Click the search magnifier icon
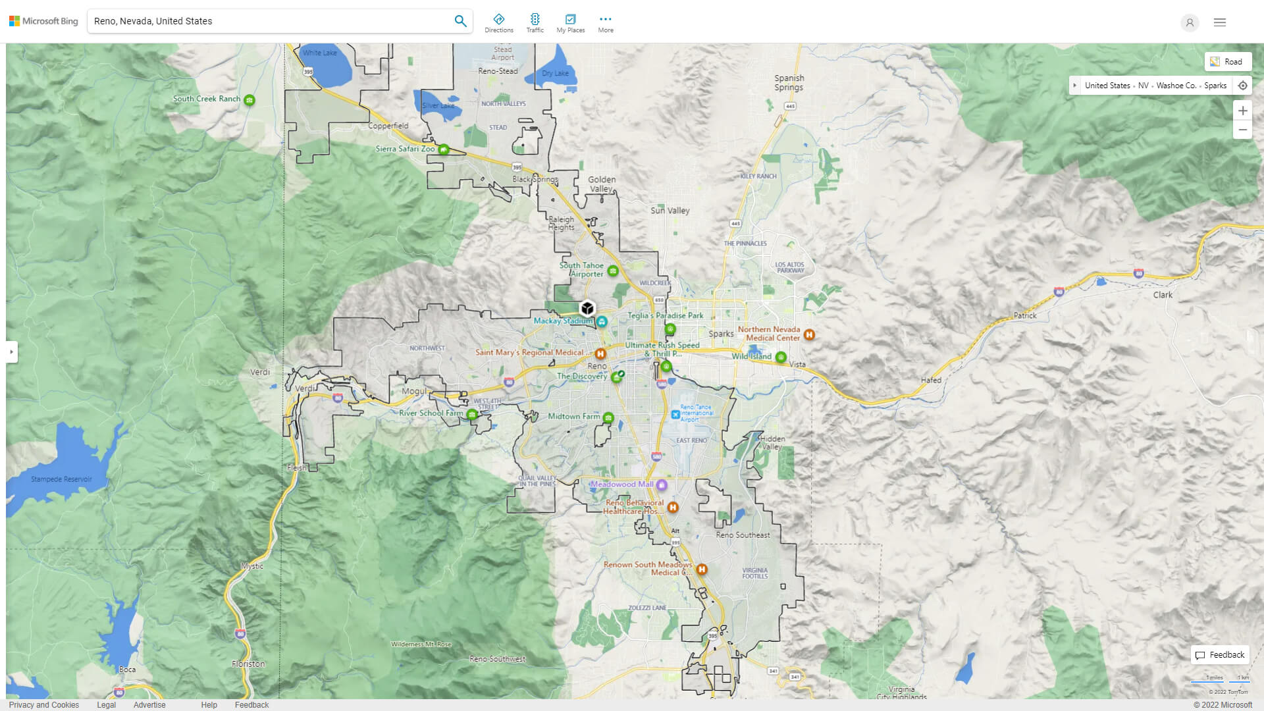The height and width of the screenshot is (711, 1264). tap(460, 21)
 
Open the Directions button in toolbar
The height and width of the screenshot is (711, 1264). tap(498, 23)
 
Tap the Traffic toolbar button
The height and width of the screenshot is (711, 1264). tap(535, 23)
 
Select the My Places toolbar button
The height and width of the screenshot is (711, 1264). tap(570, 23)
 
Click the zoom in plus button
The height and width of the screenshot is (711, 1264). tap(1242, 111)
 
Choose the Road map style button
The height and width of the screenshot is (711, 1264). tap(1227, 61)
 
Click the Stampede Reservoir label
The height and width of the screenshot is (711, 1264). tap(61, 479)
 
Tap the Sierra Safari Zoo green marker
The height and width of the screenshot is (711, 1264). tap(444, 149)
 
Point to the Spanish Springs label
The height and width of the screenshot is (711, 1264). tap(789, 82)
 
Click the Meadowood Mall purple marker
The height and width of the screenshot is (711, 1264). tap(662, 485)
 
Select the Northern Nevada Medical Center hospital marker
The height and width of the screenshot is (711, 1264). tap(809, 334)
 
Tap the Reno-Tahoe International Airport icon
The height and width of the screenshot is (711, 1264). tap(675, 414)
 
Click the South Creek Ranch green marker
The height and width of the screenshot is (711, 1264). tap(249, 100)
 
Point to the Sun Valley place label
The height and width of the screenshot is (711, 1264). tap(670, 211)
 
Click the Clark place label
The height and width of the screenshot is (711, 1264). tap(1162, 295)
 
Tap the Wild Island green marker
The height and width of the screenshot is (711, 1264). tap(781, 357)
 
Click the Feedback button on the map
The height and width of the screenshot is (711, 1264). tap(1220, 654)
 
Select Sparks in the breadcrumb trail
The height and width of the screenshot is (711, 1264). tap(1215, 86)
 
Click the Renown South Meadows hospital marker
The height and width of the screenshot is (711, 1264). tap(702, 569)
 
